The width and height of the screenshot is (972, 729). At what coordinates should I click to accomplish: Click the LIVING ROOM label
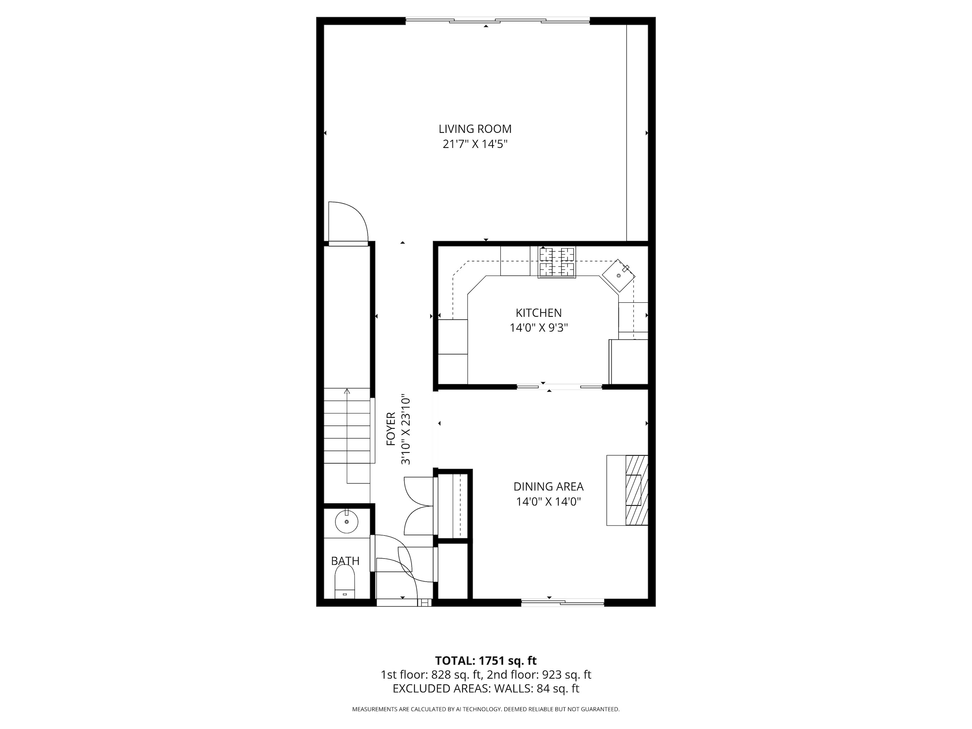(x=475, y=129)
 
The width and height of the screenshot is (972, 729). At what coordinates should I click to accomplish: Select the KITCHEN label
(x=538, y=313)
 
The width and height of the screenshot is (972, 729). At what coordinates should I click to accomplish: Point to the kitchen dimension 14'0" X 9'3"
(x=539, y=328)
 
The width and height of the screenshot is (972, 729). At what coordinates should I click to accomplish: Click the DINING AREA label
(x=548, y=486)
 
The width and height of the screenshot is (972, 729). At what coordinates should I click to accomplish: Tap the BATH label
(x=345, y=561)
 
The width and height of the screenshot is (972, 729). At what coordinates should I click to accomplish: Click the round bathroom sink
(x=346, y=522)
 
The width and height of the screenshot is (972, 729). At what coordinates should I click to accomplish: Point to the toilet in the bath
(x=345, y=581)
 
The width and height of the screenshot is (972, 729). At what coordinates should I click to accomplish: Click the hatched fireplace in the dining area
(x=636, y=490)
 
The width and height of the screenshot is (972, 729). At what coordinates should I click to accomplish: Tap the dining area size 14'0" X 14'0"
(x=548, y=501)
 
